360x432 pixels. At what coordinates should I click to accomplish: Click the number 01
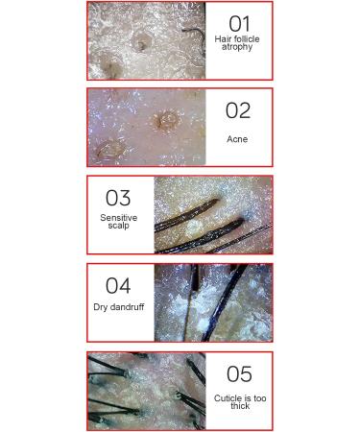[x=238, y=23]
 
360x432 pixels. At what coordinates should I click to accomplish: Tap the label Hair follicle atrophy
[x=237, y=43]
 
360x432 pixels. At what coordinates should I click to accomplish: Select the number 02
[x=237, y=110]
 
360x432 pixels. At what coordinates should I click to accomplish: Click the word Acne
[x=237, y=139]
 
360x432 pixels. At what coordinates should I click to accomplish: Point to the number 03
[x=118, y=198]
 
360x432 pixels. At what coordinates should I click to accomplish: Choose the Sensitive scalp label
[x=119, y=222]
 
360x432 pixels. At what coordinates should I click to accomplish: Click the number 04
[x=118, y=286]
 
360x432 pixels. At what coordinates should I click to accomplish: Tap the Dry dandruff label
[x=117, y=307]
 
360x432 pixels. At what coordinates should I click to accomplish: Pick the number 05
[x=238, y=374]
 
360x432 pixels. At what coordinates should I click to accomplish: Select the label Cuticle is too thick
[x=240, y=402]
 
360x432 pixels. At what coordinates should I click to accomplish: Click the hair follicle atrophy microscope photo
[x=146, y=40]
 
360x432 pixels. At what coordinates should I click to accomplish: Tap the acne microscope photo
[x=146, y=128]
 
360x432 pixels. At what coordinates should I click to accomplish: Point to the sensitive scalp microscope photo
[x=213, y=215]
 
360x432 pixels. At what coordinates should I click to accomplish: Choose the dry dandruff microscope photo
[x=213, y=303]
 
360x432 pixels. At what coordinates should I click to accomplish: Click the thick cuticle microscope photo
[x=146, y=391]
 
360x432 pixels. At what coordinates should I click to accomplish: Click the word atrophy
[x=237, y=47]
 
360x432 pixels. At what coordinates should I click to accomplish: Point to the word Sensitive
[x=119, y=218]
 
